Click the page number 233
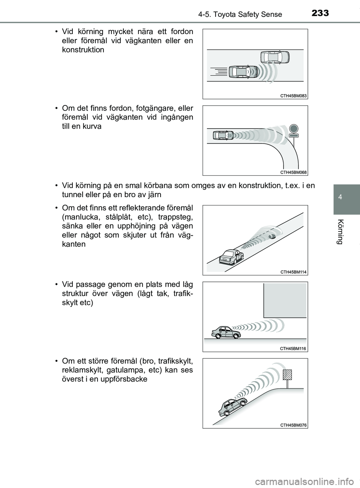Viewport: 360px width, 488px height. tap(319, 13)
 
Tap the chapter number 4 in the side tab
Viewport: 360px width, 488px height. tap(340, 196)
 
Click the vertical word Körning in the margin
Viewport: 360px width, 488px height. tap(340, 231)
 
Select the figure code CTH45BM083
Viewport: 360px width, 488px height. tap(293, 96)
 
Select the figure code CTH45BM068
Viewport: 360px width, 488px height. tap(293, 172)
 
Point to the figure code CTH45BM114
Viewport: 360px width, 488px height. tap(293, 272)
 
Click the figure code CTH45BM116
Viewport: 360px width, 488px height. tap(293, 349)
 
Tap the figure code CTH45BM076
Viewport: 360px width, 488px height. tap(293, 425)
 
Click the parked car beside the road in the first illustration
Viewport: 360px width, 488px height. tap(274, 57)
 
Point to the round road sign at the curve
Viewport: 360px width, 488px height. tap(294, 129)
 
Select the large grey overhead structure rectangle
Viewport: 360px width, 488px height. tap(285, 300)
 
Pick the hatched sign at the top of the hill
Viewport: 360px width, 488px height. tap(288, 375)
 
